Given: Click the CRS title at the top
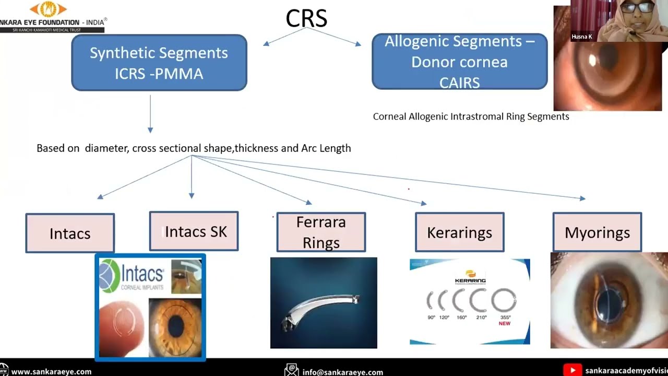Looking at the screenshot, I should (306, 19).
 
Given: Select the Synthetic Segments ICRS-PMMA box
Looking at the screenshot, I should (159, 63).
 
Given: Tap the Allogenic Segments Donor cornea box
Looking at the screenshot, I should (459, 62).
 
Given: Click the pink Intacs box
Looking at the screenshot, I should (70, 233).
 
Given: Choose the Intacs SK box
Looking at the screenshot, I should (194, 231).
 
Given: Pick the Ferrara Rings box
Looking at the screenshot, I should (321, 232).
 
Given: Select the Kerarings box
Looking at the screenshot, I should (459, 232).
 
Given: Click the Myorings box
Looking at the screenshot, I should (597, 232).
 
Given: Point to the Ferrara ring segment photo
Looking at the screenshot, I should (323, 303).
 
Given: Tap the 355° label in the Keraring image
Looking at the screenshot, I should (505, 318).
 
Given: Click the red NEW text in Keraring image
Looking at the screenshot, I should (505, 324).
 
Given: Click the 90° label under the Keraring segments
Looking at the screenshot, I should (431, 318).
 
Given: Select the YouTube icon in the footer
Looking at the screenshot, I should (572, 370).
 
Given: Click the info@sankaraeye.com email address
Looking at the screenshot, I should (342, 372).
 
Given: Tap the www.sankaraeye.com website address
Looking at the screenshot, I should (51, 372).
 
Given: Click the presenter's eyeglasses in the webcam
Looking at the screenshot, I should (637, 8).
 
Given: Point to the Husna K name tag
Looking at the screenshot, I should (582, 37).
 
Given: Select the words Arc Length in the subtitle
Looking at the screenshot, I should (326, 148).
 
